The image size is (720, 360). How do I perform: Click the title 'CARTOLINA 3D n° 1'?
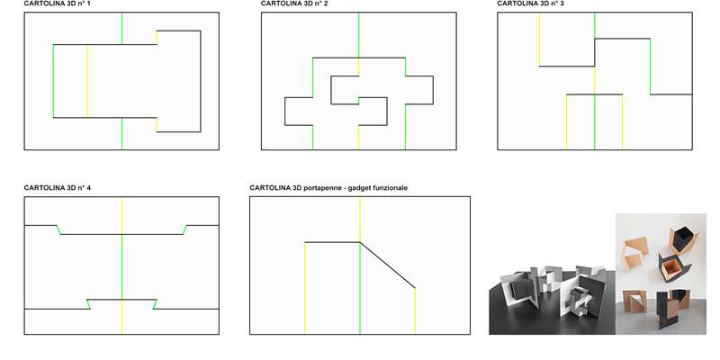[x=57, y=4]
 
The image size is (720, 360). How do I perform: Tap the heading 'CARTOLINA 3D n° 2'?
[x=294, y=4]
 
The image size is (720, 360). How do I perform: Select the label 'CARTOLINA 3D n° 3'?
[x=530, y=4]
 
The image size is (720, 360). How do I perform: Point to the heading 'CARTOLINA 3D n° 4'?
[x=57, y=188]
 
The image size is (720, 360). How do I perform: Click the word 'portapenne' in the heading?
[x=319, y=188]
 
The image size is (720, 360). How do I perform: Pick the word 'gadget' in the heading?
[x=355, y=188]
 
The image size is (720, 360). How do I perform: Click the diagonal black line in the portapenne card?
[x=388, y=265]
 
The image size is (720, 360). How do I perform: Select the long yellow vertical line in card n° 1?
[x=87, y=81]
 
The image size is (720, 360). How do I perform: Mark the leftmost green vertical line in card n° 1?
[x=53, y=81]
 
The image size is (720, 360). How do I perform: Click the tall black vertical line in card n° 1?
[x=201, y=81]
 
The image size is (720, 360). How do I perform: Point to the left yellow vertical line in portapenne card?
[x=305, y=288]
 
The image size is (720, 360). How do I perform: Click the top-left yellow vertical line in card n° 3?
[x=539, y=40]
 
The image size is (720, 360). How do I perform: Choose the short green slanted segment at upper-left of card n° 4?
[x=58, y=229]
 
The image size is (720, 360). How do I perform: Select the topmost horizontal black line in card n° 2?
[x=359, y=58]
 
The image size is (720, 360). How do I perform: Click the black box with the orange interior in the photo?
[x=670, y=267]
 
